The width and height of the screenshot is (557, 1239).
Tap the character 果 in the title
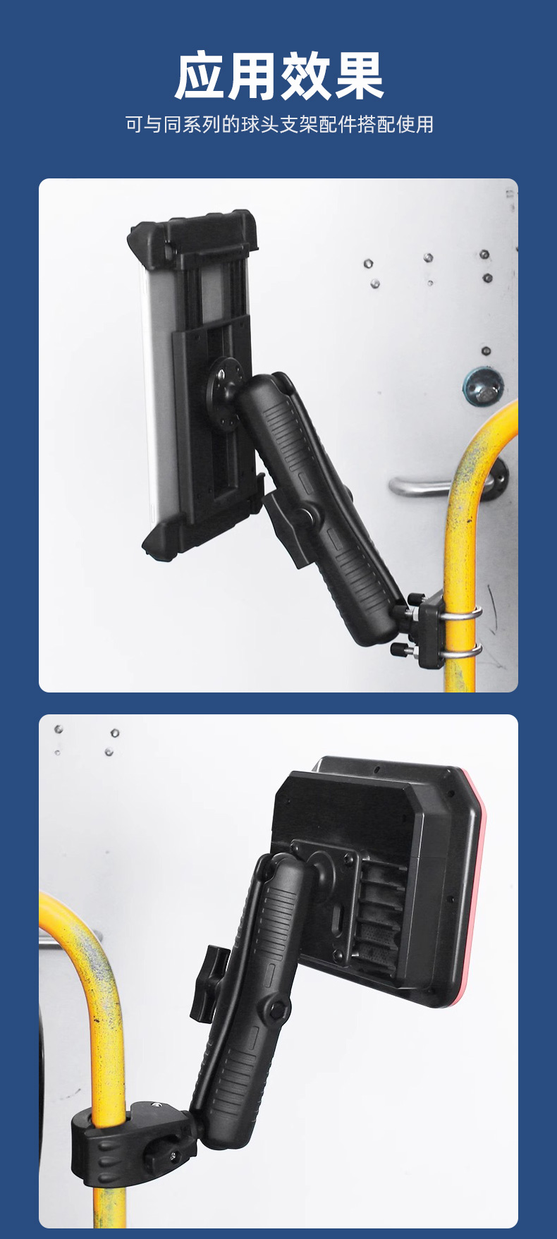359,76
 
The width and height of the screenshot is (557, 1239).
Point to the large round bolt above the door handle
483,386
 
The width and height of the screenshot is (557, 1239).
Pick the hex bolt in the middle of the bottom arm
277,1011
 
